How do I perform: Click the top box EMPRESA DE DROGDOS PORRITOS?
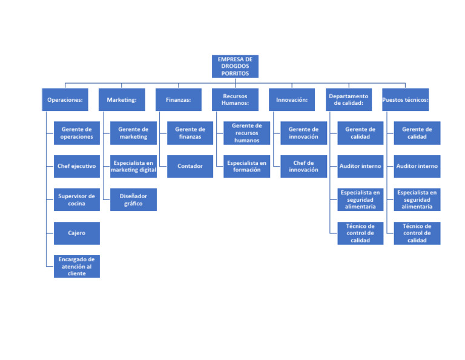pyautogui.click(x=235, y=67)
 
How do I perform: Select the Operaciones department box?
pyautogui.click(x=65, y=99)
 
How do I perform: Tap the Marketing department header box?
pyautogui.click(x=122, y=99)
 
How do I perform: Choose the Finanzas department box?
pyautogui.click(x=178, y=99)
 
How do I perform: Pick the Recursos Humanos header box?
pyautogui.click(x=235, y=99)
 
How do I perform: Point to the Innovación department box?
pyautogui.click(x=292, y=99)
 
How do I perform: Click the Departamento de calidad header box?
pyautogui.click(x=348, y=99)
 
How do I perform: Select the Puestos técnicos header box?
pyautogui.click(x=405, y=99)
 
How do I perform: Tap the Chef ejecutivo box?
pyautogui.click(x=76, y=166)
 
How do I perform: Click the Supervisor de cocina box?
pyautogui.click(x=76, y=199)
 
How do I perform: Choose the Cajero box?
pyautogui.click(x=76, y=233)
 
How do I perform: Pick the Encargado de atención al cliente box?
pyautogui.click(x=76, y=266)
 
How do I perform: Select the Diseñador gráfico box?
pyautogui.click(x=133, y=199)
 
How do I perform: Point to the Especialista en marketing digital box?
pyautogui.click(x=133, y=166)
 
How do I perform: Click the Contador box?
pyautogui.click(x=190, y=166)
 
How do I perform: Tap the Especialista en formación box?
pyautogui.click(x=246, y=166)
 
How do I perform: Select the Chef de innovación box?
pyautogui.click(x=303, y=166)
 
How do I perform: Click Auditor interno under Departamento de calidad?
pyautogui.click(x=360, y=166)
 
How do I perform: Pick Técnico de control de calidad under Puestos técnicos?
pyautogui.click(x=417, y=233)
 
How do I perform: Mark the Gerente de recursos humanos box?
pyautogui.click(x=246, y=133)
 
